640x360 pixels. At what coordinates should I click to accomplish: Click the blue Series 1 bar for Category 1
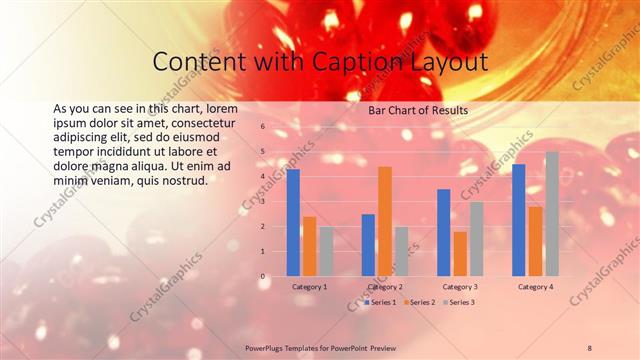pyautogui.click(x=293, y=223)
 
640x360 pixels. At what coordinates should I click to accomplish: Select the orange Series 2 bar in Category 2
pyautogui.click(x=385, y=221)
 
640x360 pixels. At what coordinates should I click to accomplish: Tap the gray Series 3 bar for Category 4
pyautogui.click(x=552, y=214)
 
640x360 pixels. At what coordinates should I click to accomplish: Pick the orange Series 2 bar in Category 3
pyautogui.click(x=460, y=254)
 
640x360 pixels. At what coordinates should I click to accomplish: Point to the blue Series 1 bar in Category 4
pyautogui.click(x=518, y=220)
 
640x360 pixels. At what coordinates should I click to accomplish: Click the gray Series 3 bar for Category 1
pyautogui.click(x=327, y=251)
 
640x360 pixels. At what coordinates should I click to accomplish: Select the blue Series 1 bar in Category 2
pyautogui.click(x=368, y=245)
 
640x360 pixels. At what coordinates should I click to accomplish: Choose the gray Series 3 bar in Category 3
pyautogui.click(x=477, y=239)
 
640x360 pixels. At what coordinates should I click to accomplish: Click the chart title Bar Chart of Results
pyautogui.click(x=412, y=110)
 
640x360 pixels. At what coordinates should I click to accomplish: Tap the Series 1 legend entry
pyautogui.click(x=381, y=301)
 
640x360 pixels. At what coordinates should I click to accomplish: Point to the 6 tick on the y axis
pyautogui.click(x=262, y=127)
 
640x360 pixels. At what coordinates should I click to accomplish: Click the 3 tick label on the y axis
pyautogui.click(x=262, y=201)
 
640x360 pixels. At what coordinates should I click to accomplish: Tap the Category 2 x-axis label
pyautogui.click(x=385, y=287)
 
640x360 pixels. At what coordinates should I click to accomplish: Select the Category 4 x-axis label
pyautogui.click(x=535, y=287)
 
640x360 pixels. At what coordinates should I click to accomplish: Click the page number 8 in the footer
pyautogui.click(x=589, y=347)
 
